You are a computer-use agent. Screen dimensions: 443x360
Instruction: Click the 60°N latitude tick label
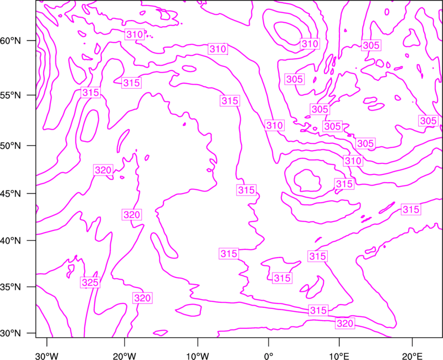tap(11, 41)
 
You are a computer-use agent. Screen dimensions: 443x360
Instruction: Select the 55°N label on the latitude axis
tap(11, 95)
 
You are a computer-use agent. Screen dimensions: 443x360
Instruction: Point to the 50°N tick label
tap(11, 146)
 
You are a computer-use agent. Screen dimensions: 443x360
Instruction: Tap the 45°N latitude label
tap(11, 193)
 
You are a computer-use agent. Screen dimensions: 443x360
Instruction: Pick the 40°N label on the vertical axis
tap(11, 241)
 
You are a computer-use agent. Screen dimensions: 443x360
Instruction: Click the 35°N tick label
tap(11, 287)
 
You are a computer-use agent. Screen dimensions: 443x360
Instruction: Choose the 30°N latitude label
tap(11, 333)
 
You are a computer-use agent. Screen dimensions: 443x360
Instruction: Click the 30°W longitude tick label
tap(47, 356)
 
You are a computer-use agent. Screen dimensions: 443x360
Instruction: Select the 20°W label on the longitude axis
tap(125, 356)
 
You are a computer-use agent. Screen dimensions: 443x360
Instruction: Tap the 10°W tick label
tap(198, 356)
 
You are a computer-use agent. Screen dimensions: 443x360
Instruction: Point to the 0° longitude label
tap(269, 356)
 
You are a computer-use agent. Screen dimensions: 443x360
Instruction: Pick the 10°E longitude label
tap(339, 356)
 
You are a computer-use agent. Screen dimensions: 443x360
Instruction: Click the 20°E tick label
tap(413, 356)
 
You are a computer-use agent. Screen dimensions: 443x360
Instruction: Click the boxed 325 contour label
tap(90, 282)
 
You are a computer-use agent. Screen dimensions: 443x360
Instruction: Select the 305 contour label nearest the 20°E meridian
tap(428, 121)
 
